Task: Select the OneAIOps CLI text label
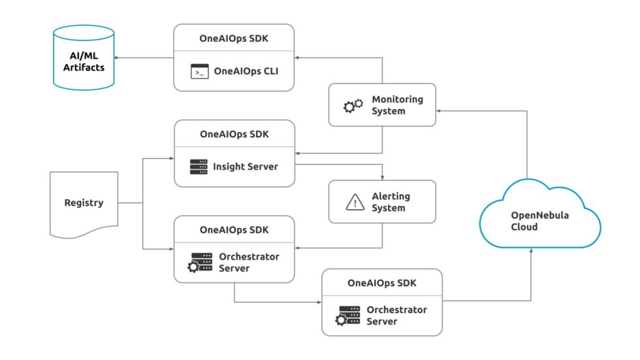click(x=246, y=71)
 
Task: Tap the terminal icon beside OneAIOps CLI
click(x=199, y=71)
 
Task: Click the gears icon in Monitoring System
click(x=353, y=105)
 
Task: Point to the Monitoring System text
click(x=397, y=105)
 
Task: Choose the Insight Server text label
click(x=246, y=167)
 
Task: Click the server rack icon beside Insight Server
click(x=199, y=167)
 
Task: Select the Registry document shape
click(x=84, y=203)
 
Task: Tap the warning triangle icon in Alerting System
click(x=355, y=203)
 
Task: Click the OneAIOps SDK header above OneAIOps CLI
click(x=234, y=38)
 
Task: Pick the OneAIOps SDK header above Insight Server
click(x=234, y=134)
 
